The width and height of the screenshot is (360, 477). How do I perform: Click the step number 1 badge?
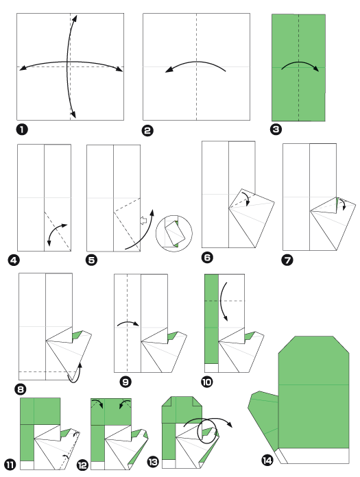click(21, 128)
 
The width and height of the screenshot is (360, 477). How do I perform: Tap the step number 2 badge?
click(147, 129)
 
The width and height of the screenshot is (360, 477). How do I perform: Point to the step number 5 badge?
click(91, 260)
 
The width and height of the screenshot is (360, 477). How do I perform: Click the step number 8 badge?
click(21, 389)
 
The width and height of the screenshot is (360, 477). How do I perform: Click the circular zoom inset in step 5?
click(173, 233)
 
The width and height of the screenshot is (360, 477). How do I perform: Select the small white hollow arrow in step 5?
click(144, 221)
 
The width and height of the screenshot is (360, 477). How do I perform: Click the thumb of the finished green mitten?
click(264, 418)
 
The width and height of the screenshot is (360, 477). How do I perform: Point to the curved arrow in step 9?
click(128, 323)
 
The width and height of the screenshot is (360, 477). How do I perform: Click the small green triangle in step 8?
click(78, 334)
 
